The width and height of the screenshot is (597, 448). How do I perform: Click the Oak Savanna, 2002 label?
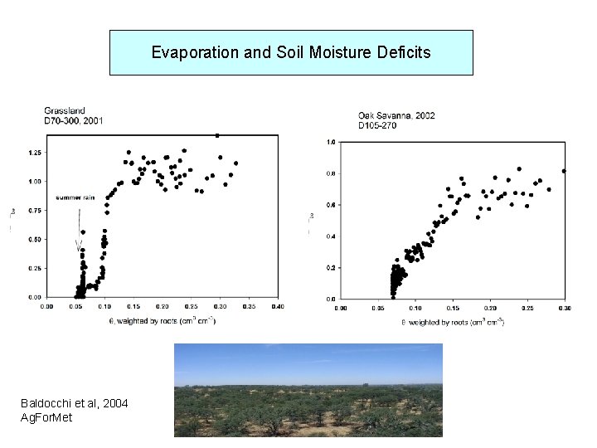point(396,115)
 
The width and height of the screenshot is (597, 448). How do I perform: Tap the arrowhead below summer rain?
point(79,246)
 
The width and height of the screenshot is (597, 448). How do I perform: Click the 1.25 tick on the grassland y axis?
point(34,153)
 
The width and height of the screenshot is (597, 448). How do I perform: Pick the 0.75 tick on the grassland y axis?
point(34,211)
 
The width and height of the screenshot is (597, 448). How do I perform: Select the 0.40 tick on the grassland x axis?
point(276,306)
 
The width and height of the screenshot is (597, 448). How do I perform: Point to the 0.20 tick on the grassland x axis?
point(162,306)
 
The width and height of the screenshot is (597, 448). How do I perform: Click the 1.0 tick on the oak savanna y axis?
point(330,142)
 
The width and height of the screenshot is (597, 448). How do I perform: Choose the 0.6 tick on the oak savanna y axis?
point(330,205)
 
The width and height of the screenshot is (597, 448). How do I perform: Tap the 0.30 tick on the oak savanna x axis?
point(564,308)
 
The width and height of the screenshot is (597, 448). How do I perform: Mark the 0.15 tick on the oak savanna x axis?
point(453,308)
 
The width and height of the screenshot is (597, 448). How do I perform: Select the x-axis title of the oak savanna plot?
point(453,321)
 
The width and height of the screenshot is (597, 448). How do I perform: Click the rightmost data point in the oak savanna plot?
point(564,171)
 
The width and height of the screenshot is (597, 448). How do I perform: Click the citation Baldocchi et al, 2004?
point(75,403)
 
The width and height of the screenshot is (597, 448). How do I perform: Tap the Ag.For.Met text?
point(46,417)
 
